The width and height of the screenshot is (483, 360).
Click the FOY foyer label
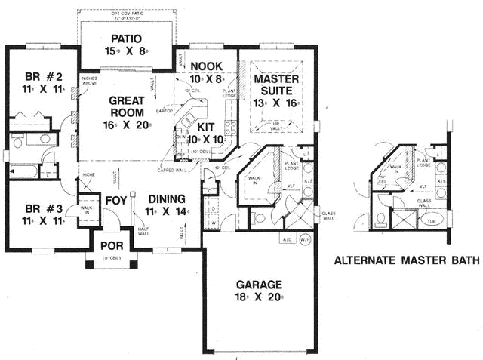(115, 202)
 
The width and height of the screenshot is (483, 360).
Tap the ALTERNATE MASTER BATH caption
(407, 262)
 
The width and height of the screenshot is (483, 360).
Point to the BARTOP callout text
(164, 111)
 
